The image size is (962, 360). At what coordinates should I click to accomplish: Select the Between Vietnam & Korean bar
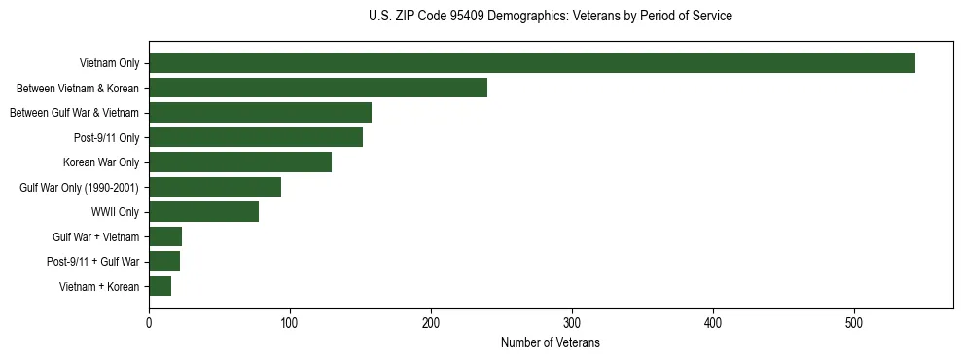click(318, 88)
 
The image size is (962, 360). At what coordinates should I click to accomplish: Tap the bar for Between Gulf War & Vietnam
click(260, 113)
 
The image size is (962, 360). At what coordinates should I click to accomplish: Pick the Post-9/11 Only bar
click(256, 137)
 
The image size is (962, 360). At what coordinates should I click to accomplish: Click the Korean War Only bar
click(240, 162)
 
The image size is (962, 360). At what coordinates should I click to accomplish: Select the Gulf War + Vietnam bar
click(165, 236)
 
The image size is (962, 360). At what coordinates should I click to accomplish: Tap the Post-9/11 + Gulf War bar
click(164, 262)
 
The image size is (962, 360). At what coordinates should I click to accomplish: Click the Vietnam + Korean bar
click(160, 286)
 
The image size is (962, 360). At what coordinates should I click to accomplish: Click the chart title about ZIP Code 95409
click(551, 17)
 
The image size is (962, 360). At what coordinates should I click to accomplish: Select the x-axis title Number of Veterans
click(551, 343)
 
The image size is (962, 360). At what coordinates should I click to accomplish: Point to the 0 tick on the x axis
click(149, 324)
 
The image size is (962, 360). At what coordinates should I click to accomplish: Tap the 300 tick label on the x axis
click(572, 324)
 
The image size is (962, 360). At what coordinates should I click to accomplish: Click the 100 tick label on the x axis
click(290, 324)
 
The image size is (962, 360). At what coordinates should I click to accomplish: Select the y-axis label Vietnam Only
click(109, 63)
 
